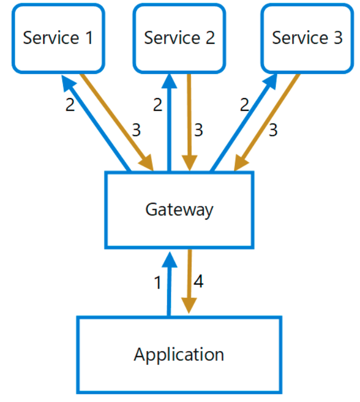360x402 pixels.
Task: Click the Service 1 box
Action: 59,38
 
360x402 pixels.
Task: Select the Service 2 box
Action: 179,38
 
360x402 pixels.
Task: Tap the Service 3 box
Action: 307,38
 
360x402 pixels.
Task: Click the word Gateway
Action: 179,210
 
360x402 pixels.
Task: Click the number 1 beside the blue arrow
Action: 158,283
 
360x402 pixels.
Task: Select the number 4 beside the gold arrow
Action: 199,282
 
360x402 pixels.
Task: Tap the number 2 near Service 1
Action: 70,105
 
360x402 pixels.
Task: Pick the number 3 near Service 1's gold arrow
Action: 136,130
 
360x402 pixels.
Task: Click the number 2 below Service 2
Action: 158,105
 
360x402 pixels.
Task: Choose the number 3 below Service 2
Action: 199,130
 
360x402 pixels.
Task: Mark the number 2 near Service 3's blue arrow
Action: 245,105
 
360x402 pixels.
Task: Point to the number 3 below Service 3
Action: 273,130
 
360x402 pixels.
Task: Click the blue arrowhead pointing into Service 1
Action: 68,83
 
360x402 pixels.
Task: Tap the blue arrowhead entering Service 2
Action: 169,82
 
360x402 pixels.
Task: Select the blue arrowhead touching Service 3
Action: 270,82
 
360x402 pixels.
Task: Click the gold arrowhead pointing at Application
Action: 189,306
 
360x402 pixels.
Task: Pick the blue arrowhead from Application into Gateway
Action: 169,260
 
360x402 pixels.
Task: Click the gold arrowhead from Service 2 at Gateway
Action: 189,163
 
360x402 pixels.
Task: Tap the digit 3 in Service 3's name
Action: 338,38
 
